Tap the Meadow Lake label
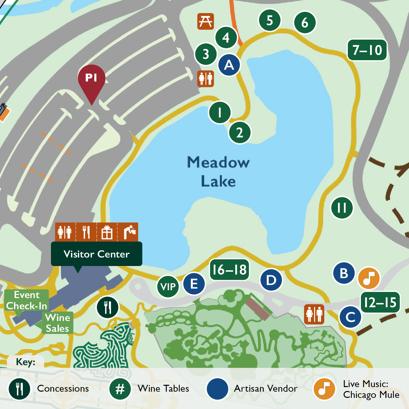point(218,172)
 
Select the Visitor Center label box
point(97,254)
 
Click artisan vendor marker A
point(229,65)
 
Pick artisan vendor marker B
point(344,273)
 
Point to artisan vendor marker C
point(350,317)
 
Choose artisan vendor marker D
point(271,280)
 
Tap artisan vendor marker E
point(194,284)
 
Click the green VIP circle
point(168,287)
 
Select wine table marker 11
point(342,207)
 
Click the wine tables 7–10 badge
point(367,50)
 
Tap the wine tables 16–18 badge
point(229,270)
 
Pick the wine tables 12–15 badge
point(380,302)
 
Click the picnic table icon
point(205,21)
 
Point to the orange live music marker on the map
point(369,278)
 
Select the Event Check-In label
point(27,300)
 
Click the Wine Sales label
point(58,323)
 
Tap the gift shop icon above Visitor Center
point(107,232)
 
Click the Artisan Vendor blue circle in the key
point(217,389)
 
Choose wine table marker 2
point(240,133)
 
